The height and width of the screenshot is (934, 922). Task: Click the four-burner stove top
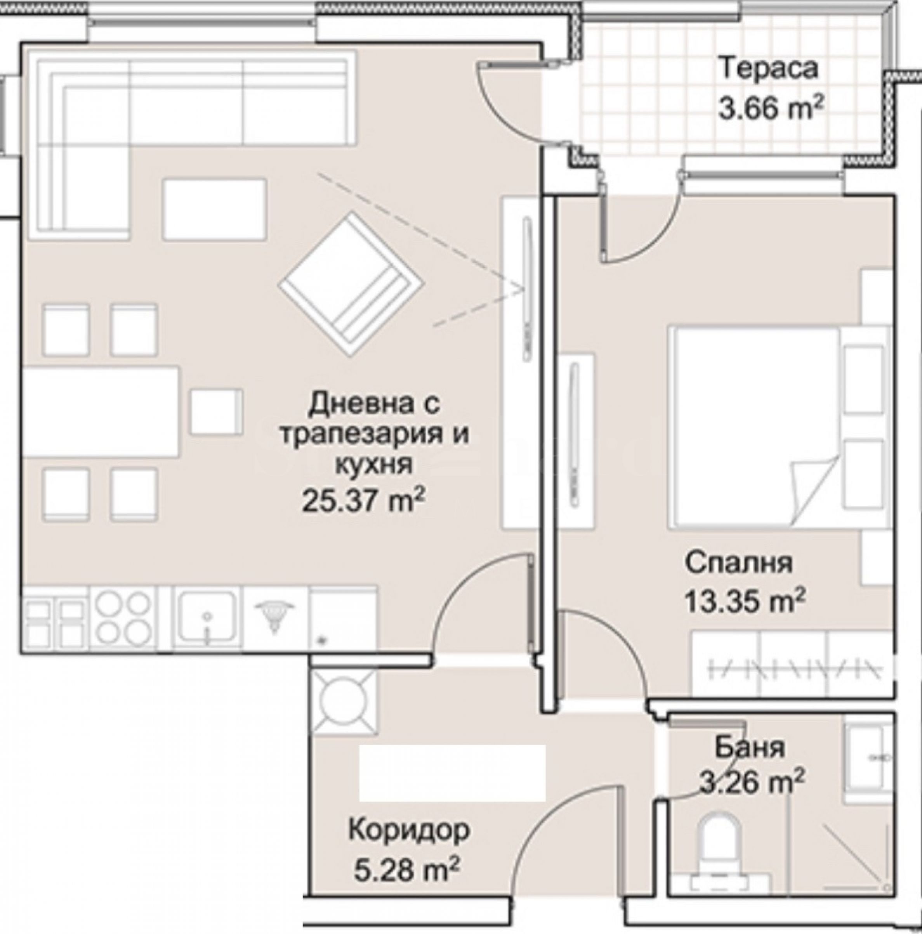pos(123,616)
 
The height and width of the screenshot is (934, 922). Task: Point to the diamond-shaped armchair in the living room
pos(351,286)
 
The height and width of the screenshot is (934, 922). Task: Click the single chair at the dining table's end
pos(215,411)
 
